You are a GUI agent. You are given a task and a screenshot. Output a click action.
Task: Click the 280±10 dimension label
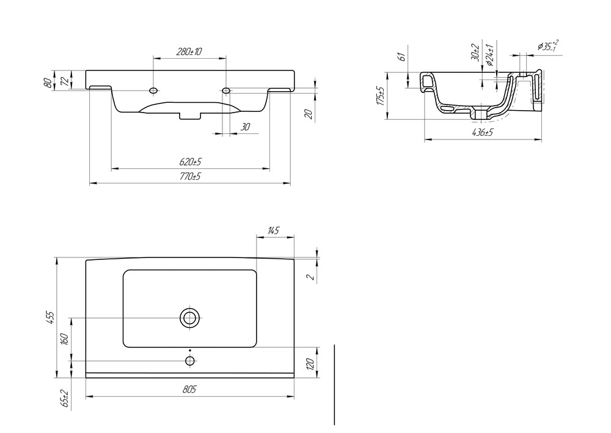(189, 51)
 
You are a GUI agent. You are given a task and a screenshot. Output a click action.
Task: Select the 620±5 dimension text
(190, 161)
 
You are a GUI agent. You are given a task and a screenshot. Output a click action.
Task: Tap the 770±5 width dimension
(190, 176)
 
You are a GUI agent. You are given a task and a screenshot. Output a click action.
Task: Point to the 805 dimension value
(189, 390)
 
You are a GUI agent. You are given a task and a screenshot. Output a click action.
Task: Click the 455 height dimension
(51, 317)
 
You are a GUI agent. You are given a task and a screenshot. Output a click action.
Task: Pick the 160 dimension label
(65, 339)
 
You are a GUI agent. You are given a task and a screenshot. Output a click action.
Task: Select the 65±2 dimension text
(65, 399)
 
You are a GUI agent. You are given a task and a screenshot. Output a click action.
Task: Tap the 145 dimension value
(274, 231)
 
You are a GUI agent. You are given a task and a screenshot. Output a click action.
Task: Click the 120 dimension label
(310, 364)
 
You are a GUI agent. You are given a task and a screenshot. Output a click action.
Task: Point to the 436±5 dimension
(483, 133)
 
